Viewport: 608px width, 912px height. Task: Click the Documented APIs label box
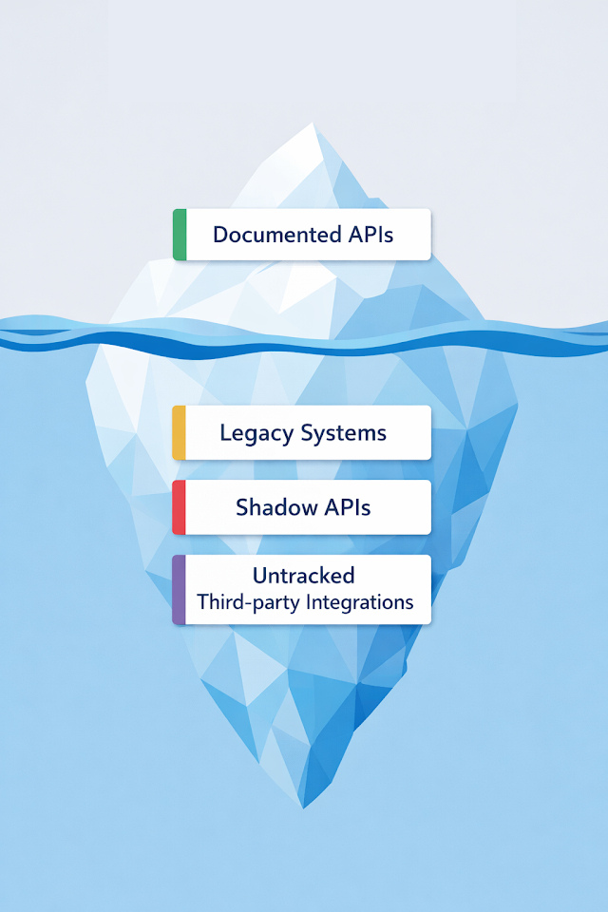point(302,235)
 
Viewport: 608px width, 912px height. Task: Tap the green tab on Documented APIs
point(180,235)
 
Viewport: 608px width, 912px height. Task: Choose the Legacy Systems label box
point(302,433)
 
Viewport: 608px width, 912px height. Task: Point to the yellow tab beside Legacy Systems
point(179,433)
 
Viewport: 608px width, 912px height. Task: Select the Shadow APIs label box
point(302,507)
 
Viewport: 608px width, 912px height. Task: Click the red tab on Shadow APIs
point(179,507)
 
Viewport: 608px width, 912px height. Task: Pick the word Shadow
point(273,507)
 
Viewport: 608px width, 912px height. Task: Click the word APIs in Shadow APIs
point(345,507)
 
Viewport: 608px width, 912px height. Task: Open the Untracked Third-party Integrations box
point(302,590)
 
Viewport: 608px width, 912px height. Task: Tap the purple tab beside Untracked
point(179,590)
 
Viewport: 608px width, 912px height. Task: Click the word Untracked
point(303,576)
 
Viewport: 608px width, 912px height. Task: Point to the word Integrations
point(360,602)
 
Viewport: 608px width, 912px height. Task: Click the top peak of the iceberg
point(313,124)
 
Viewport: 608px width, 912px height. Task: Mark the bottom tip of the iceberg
point(304,806)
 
